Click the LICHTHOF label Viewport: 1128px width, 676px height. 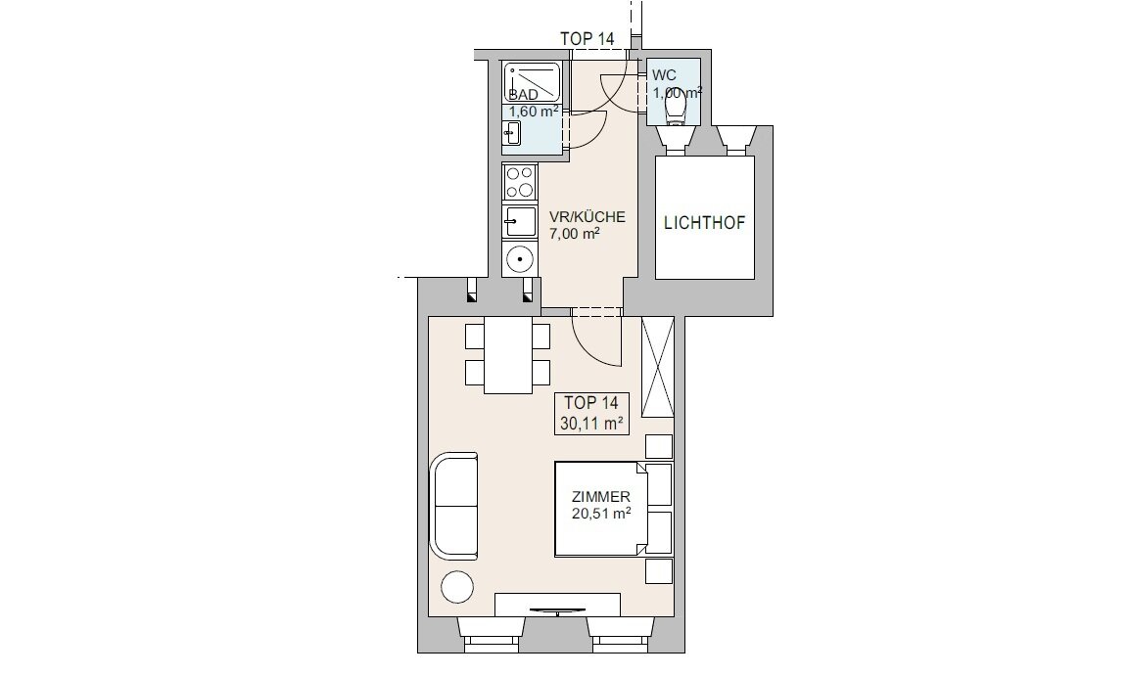point(704,223)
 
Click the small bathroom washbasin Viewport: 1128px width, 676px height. point(512,133)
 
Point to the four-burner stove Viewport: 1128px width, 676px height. point(519,181)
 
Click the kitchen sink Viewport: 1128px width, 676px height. point(519,221)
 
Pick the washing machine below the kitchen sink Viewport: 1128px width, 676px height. point(519,258)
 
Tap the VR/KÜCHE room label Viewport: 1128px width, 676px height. point(587,217)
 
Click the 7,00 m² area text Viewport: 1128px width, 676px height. point(575,234)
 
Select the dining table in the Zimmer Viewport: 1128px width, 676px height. point(508,355)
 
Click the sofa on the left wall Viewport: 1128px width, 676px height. point(454,506)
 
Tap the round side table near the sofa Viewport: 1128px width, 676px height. point(457,587)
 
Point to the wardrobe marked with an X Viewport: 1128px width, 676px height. point(658,367)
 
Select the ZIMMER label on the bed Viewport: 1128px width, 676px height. point(600,496)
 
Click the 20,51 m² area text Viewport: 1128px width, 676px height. point(601,514)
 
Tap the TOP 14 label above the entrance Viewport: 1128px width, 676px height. point(587,39)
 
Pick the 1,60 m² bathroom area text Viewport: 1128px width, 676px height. point(534,112)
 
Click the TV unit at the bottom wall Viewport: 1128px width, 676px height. point(557,605)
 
